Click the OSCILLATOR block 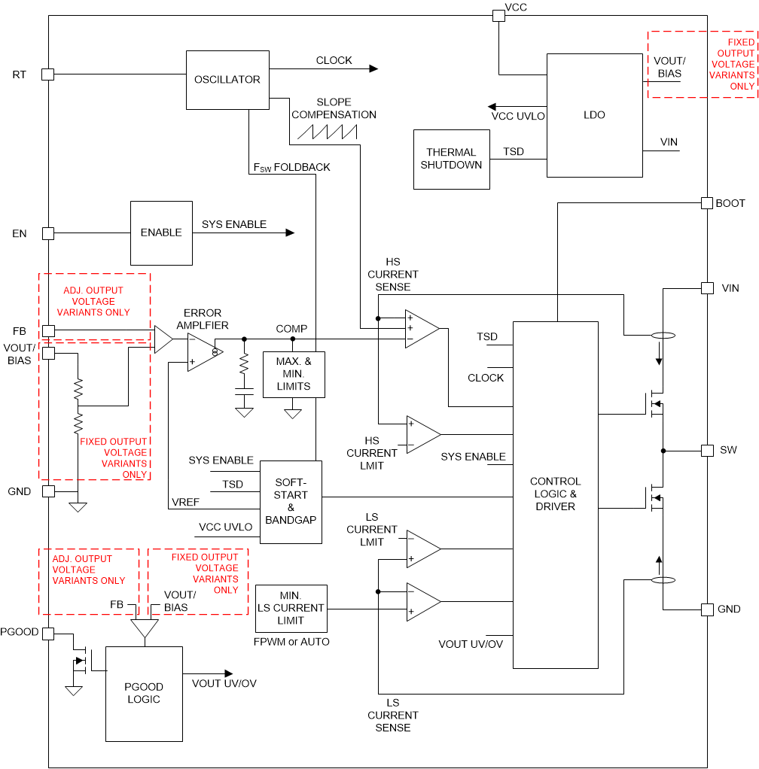[x=227, y=79]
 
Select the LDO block [x=594, y=115]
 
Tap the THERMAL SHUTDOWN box [x=451, y=159]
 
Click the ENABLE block [x=161, y=233]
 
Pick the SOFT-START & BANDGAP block [x=291, y=502]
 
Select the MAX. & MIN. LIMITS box [x=293, y=374]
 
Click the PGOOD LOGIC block [x=144, y=693]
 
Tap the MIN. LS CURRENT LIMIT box [x=291, y=608]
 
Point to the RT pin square [x=47, y=74]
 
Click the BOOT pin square [x=707, y=203]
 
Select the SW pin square [x=707, y=450]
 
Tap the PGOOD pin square [x=47, y=634]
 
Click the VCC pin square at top [x=498, y=15]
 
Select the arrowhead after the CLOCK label [x=373, y=68]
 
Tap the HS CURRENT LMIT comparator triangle [x=422, y=434]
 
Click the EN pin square [x=47, y=233]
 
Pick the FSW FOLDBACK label [x=292, y=167]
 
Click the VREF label [x=185, y=501]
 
